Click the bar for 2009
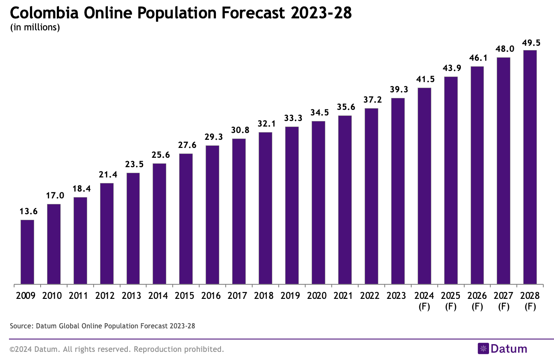[x=27, y=252]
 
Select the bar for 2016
[x=212, y=215]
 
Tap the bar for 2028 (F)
[x=530, y=167]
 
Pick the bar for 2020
[x=318, y=203]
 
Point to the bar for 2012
[x=106, y=234]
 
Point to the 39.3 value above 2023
[x=398, y=90]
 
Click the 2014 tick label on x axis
[x=159, y=295]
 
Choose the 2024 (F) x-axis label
[x=424, y=301]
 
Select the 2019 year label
[x=292, y=295]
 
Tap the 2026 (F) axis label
[x=477, y=301]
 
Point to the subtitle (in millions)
[x=35, y=28]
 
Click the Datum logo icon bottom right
[x=483, y=349]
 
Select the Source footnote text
[x=102, y=326]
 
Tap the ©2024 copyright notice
[x=117, y=349]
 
